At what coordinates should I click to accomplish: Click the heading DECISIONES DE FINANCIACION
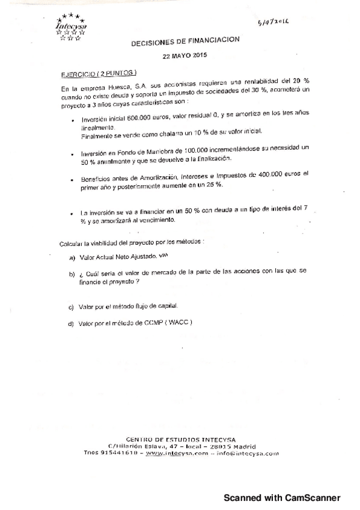click(185, 40)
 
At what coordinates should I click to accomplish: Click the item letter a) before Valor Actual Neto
click(72, 258)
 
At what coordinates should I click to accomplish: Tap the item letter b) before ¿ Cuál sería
click(72, 274)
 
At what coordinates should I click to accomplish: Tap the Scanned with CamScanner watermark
click(282, 498)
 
